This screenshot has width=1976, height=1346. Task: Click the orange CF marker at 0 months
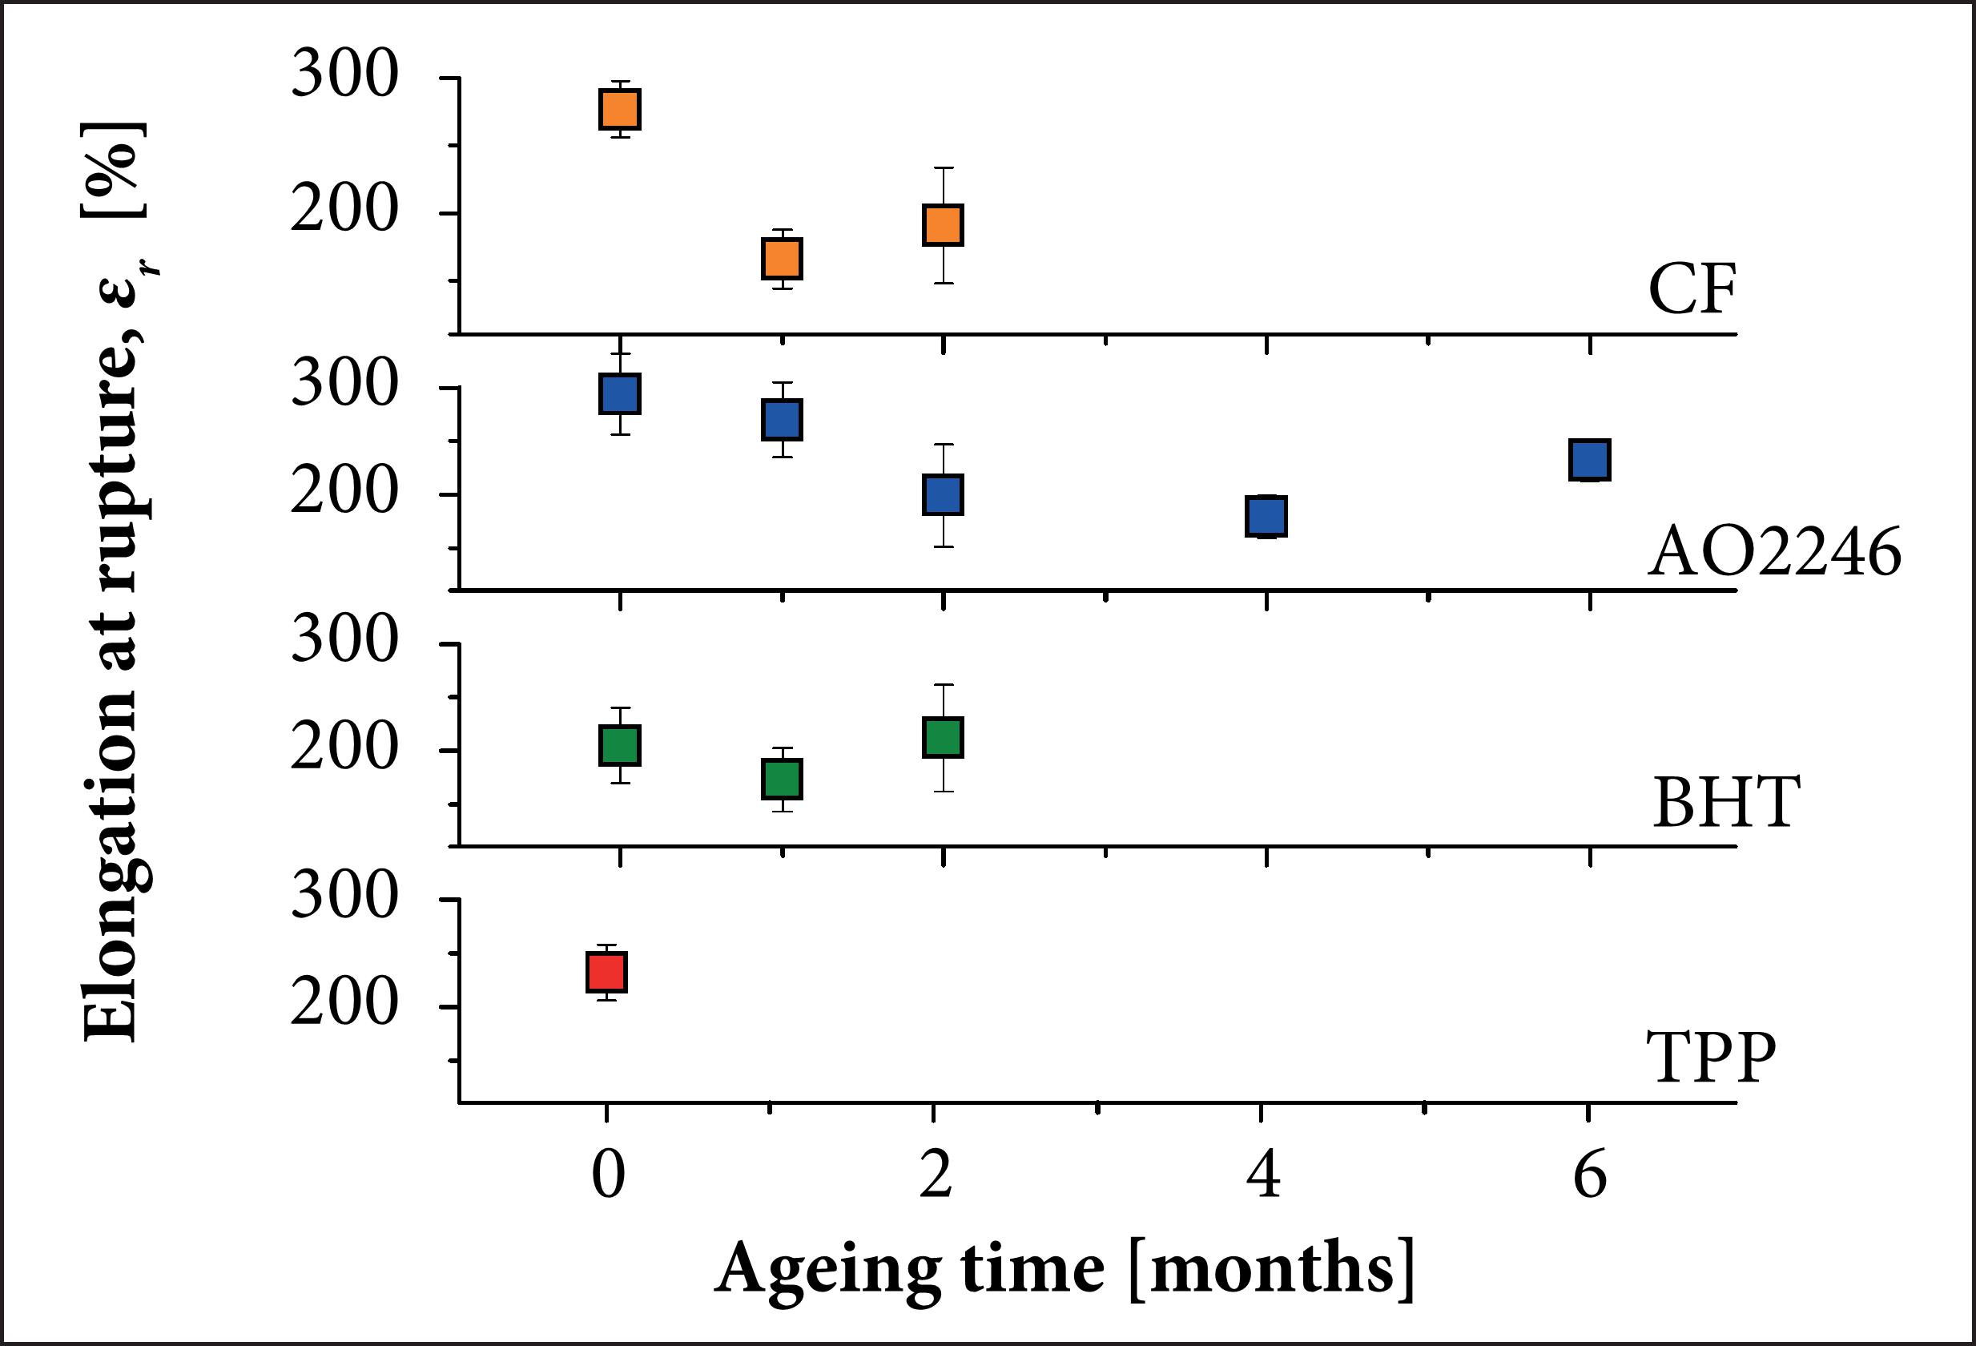tap(620, 109)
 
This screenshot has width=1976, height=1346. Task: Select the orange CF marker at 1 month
tap(782, 259)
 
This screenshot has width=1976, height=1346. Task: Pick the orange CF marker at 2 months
tap(943, 225)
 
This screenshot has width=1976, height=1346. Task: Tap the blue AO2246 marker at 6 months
tap(1589, 460)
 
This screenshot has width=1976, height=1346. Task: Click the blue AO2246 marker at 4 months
tap(1266, 516)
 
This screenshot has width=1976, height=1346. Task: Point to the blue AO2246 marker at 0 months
tap(620, 393)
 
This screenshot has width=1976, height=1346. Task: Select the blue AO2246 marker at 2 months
tap(943, 495)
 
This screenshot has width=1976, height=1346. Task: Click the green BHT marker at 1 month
tap(782, 779)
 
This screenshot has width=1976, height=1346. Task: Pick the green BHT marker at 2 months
tap(943, 737)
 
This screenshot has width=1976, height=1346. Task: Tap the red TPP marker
tap(607, 972)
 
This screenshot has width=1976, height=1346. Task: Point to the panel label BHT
tap(1725, 803)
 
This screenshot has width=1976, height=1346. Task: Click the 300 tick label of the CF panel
tap(344, 75)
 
